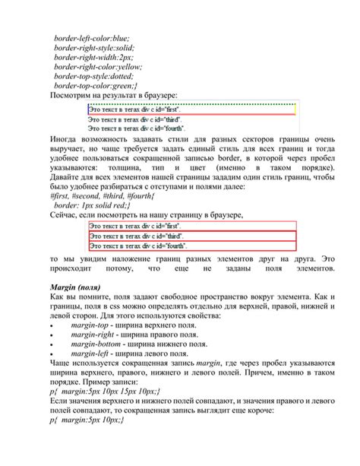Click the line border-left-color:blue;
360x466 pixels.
coord(91,37)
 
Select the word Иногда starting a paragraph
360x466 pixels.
coord(66,141)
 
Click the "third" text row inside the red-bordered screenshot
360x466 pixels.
coord(137,236)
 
